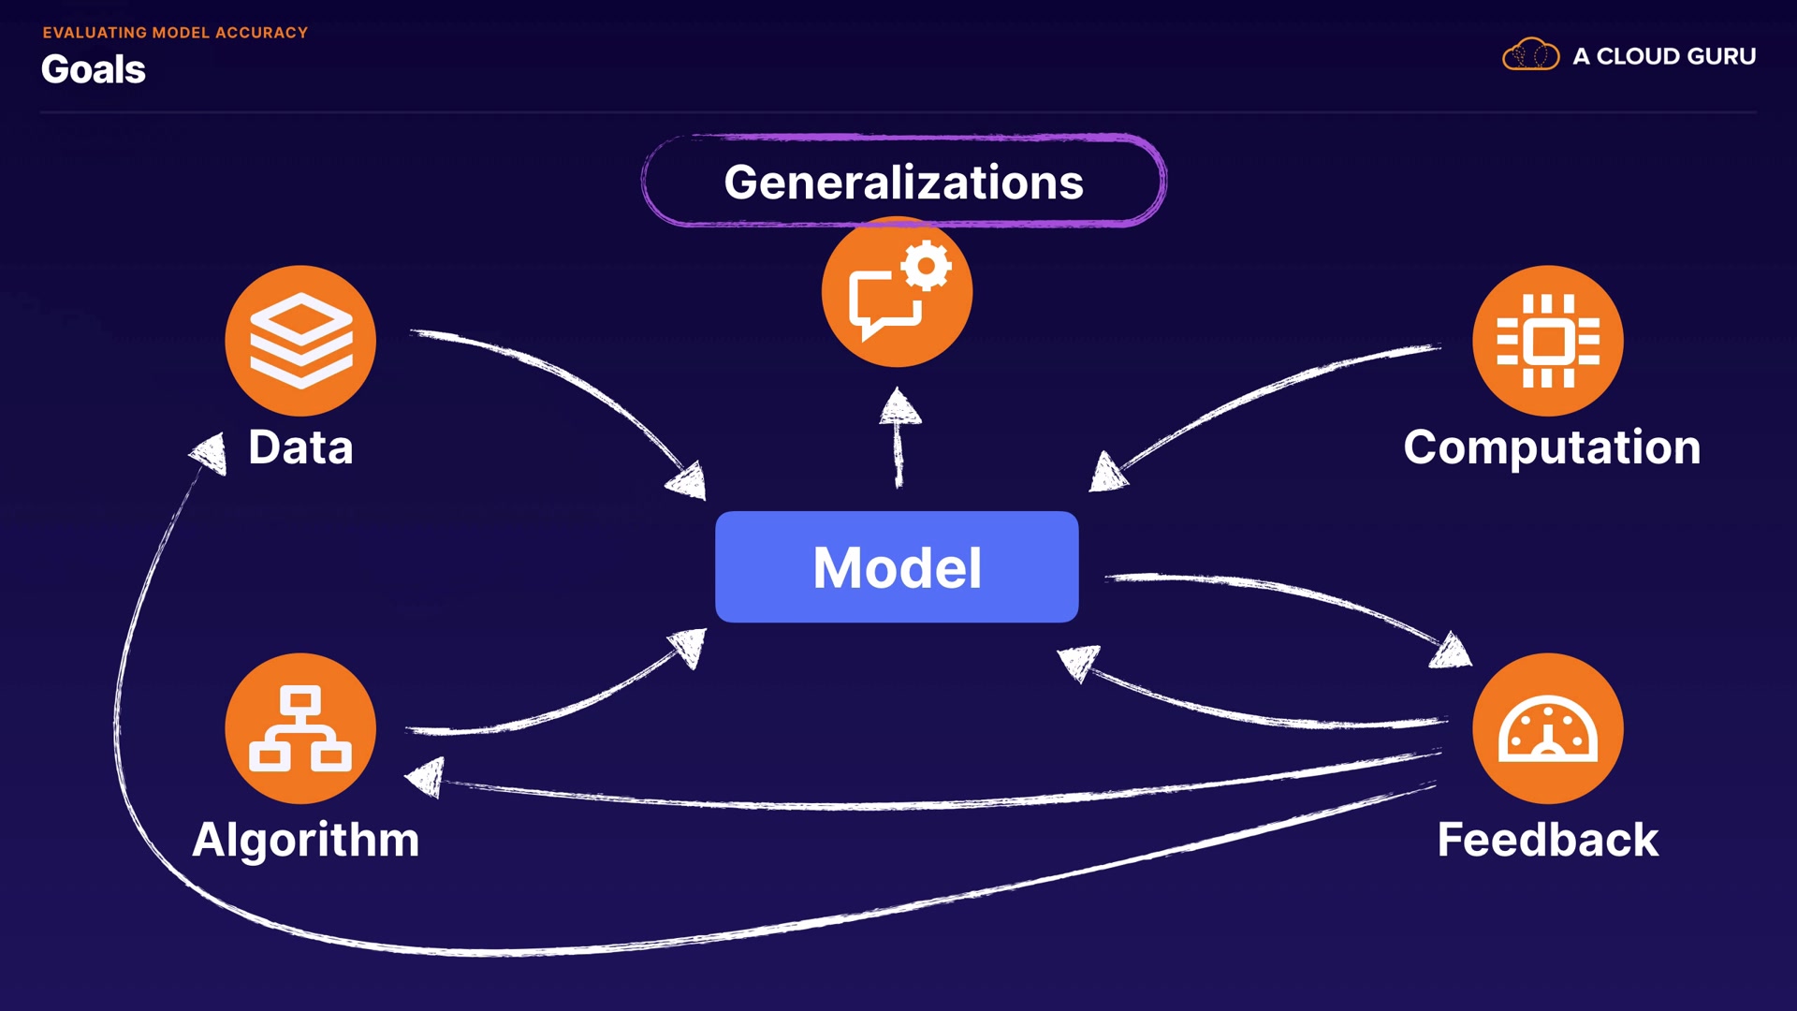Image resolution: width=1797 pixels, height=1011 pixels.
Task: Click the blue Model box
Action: (897, 566)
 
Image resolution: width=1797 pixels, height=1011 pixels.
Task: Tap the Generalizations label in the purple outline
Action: (903, 182)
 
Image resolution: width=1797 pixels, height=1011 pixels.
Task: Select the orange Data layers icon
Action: (300, 341)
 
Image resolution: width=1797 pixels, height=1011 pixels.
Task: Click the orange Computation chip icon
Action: (1548, 341)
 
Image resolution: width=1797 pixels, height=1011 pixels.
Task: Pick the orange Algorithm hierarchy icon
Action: (300, 728)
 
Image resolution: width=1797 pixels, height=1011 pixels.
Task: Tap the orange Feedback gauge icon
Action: (1548, 728)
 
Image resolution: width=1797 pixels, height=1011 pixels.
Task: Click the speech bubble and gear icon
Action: (897, 291)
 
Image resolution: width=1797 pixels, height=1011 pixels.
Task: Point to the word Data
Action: (300, 447)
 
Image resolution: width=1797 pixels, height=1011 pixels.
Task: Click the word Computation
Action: (1552, 447)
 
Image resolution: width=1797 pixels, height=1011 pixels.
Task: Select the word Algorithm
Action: (305, 840)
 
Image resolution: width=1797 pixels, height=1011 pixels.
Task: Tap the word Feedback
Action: (1548, 840)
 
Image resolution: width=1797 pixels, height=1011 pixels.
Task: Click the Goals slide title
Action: (94, 69)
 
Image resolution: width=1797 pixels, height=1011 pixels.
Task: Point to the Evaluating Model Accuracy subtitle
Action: (175, 33)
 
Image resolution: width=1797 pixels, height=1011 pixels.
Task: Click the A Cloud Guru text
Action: (1664, 56)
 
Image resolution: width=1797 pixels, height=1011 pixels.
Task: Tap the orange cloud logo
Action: (1531, 54)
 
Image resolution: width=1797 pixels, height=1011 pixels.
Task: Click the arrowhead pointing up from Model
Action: (899, 407)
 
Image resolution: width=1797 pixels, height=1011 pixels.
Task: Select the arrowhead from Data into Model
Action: (687, 481)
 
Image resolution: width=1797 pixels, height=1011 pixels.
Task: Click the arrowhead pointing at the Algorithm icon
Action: (426, 777)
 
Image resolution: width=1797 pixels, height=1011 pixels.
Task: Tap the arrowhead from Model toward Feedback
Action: (1452, 650)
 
